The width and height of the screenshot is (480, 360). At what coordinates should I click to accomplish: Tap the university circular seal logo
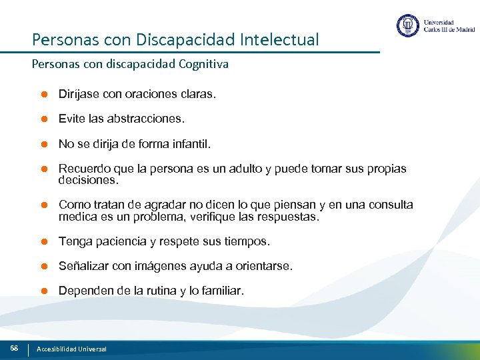pos(407,26)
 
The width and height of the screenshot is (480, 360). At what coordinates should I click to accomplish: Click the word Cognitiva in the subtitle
pos(203,65)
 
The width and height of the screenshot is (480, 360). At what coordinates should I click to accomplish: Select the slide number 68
pos(13,348)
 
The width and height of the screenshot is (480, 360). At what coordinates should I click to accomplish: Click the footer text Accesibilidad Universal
pos(71,349)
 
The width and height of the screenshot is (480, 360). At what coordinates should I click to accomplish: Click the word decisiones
pos(88,180)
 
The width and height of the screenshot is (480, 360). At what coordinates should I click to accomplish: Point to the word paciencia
pos(121,241)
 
